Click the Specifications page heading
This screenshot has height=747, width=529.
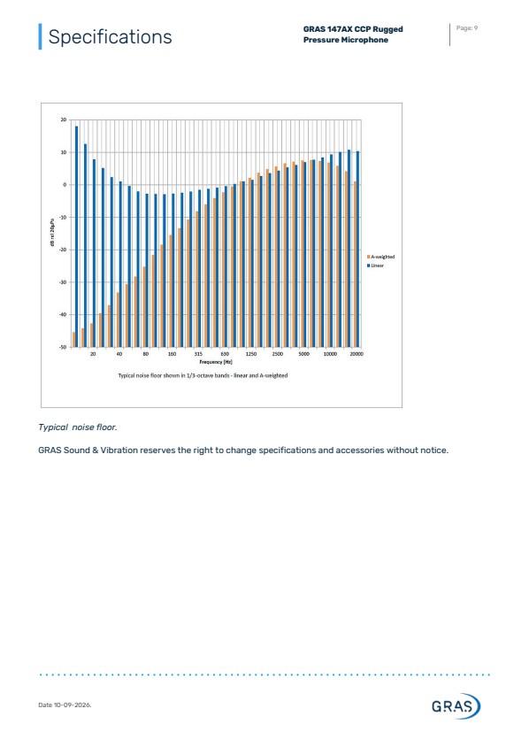(x=110, y=36)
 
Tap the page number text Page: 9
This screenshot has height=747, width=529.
(x=466, y=28)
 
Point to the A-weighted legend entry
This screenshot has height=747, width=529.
(x=380, y=257)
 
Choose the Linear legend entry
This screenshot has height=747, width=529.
(x=375, y=266)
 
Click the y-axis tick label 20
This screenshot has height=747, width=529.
(x=64, y=119)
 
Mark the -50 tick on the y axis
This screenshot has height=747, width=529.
(x=63, y=347)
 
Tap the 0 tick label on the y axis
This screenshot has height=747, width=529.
(x=65, y=185)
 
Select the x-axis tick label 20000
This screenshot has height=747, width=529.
(x=356, y=354)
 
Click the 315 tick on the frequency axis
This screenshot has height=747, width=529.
(x=198, y=354)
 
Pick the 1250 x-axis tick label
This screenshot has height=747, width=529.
(x=251, y=354)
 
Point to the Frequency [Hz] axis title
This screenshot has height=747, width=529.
(x=216, y=362)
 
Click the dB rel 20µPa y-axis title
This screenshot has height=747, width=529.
(x=53, y=233)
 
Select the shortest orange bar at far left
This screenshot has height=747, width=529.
(x=73, y=340)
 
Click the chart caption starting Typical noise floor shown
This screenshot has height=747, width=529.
(x=203, y=375)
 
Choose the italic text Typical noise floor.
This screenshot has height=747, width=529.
(x=78, y=427)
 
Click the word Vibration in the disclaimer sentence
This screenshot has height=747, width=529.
(x=119, y=451)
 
